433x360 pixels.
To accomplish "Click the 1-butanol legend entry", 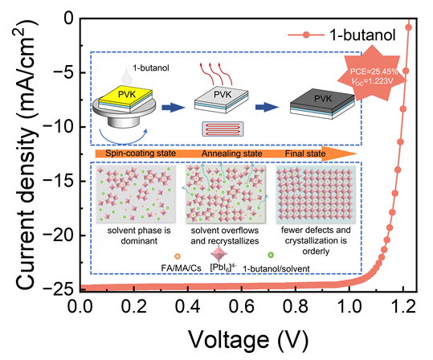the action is [342, 35].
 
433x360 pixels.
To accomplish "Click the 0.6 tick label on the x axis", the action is [242, 306].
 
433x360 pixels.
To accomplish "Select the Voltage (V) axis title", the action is [248, 340].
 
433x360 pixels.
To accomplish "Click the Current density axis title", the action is [26, 156].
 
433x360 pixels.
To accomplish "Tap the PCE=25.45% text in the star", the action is [374, 72].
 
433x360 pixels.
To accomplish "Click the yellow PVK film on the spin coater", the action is [125, 95].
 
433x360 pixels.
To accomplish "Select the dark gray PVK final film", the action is [322, 100].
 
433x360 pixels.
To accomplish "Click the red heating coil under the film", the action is [223, 129].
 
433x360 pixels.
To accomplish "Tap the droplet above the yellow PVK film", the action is [127, 76].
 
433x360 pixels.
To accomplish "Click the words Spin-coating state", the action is [141, 153].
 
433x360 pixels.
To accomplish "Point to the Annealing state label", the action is [232, 153].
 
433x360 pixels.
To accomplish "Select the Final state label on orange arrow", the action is [305, 153].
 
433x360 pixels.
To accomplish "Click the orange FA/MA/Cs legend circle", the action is [178, 256].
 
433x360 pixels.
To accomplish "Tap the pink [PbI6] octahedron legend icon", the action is [219, 254].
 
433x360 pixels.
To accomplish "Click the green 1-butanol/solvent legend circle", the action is [271, 255].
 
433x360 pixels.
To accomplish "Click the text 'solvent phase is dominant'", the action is [139, 235].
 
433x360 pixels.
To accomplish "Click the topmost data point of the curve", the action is [409, 27].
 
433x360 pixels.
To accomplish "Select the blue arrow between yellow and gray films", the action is [174, 107].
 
